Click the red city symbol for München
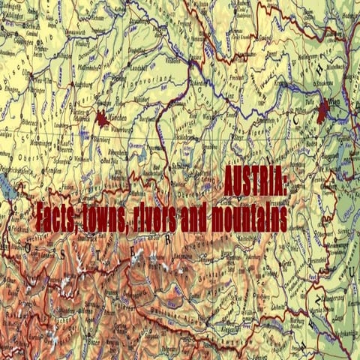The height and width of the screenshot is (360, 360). (x=102, y=117)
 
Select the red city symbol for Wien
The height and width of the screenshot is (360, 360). (x=323, y=110)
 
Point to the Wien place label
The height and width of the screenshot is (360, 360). (x=334, y=106)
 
